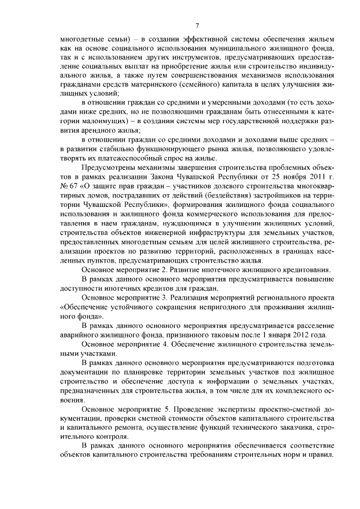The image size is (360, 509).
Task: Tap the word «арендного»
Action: (x=95, y=129)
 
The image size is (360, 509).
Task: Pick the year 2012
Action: (x=308, y=335)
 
